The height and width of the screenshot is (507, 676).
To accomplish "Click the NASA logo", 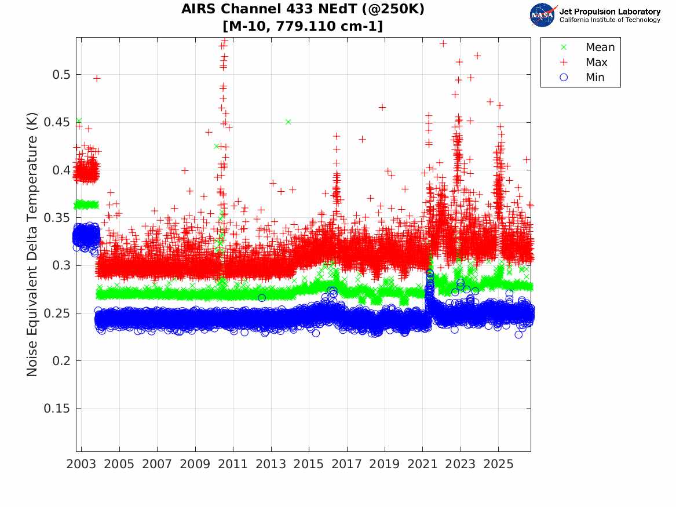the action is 543,16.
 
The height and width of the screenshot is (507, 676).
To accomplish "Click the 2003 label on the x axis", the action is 81,464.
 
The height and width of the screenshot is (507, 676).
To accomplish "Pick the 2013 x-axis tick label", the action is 271,464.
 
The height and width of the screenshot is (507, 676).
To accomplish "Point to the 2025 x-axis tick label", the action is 498,464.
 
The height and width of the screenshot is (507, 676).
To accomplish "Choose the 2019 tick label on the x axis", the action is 385,464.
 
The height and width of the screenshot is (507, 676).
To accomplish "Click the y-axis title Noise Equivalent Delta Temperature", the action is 32,245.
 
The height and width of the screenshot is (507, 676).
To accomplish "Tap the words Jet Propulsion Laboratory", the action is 610,12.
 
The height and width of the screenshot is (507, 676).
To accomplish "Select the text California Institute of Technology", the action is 610,20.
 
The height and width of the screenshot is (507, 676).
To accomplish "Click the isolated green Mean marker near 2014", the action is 288,122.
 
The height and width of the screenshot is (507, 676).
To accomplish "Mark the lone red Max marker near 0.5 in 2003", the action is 97,78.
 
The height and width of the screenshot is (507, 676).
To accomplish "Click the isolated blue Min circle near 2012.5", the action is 262,298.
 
